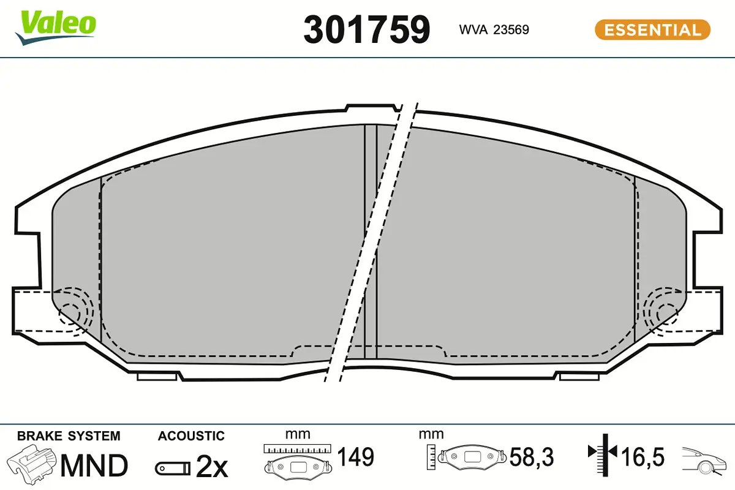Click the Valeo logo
pyautogui.click(x=56, y=28)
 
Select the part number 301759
pyautogui.click(x=366, y=30)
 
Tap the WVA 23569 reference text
pyautogui.click(x=494, y=30)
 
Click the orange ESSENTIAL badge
pyautogui.click(x=653, y=30)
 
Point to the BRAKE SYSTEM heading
pyautogui.click(x=69, y=436)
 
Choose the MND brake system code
pyautogui.click(x=94, y=466)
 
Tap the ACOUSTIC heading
pyautogui.click(x=191, y=436)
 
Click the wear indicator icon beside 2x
pyautogui.click(x=173, y=469)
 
